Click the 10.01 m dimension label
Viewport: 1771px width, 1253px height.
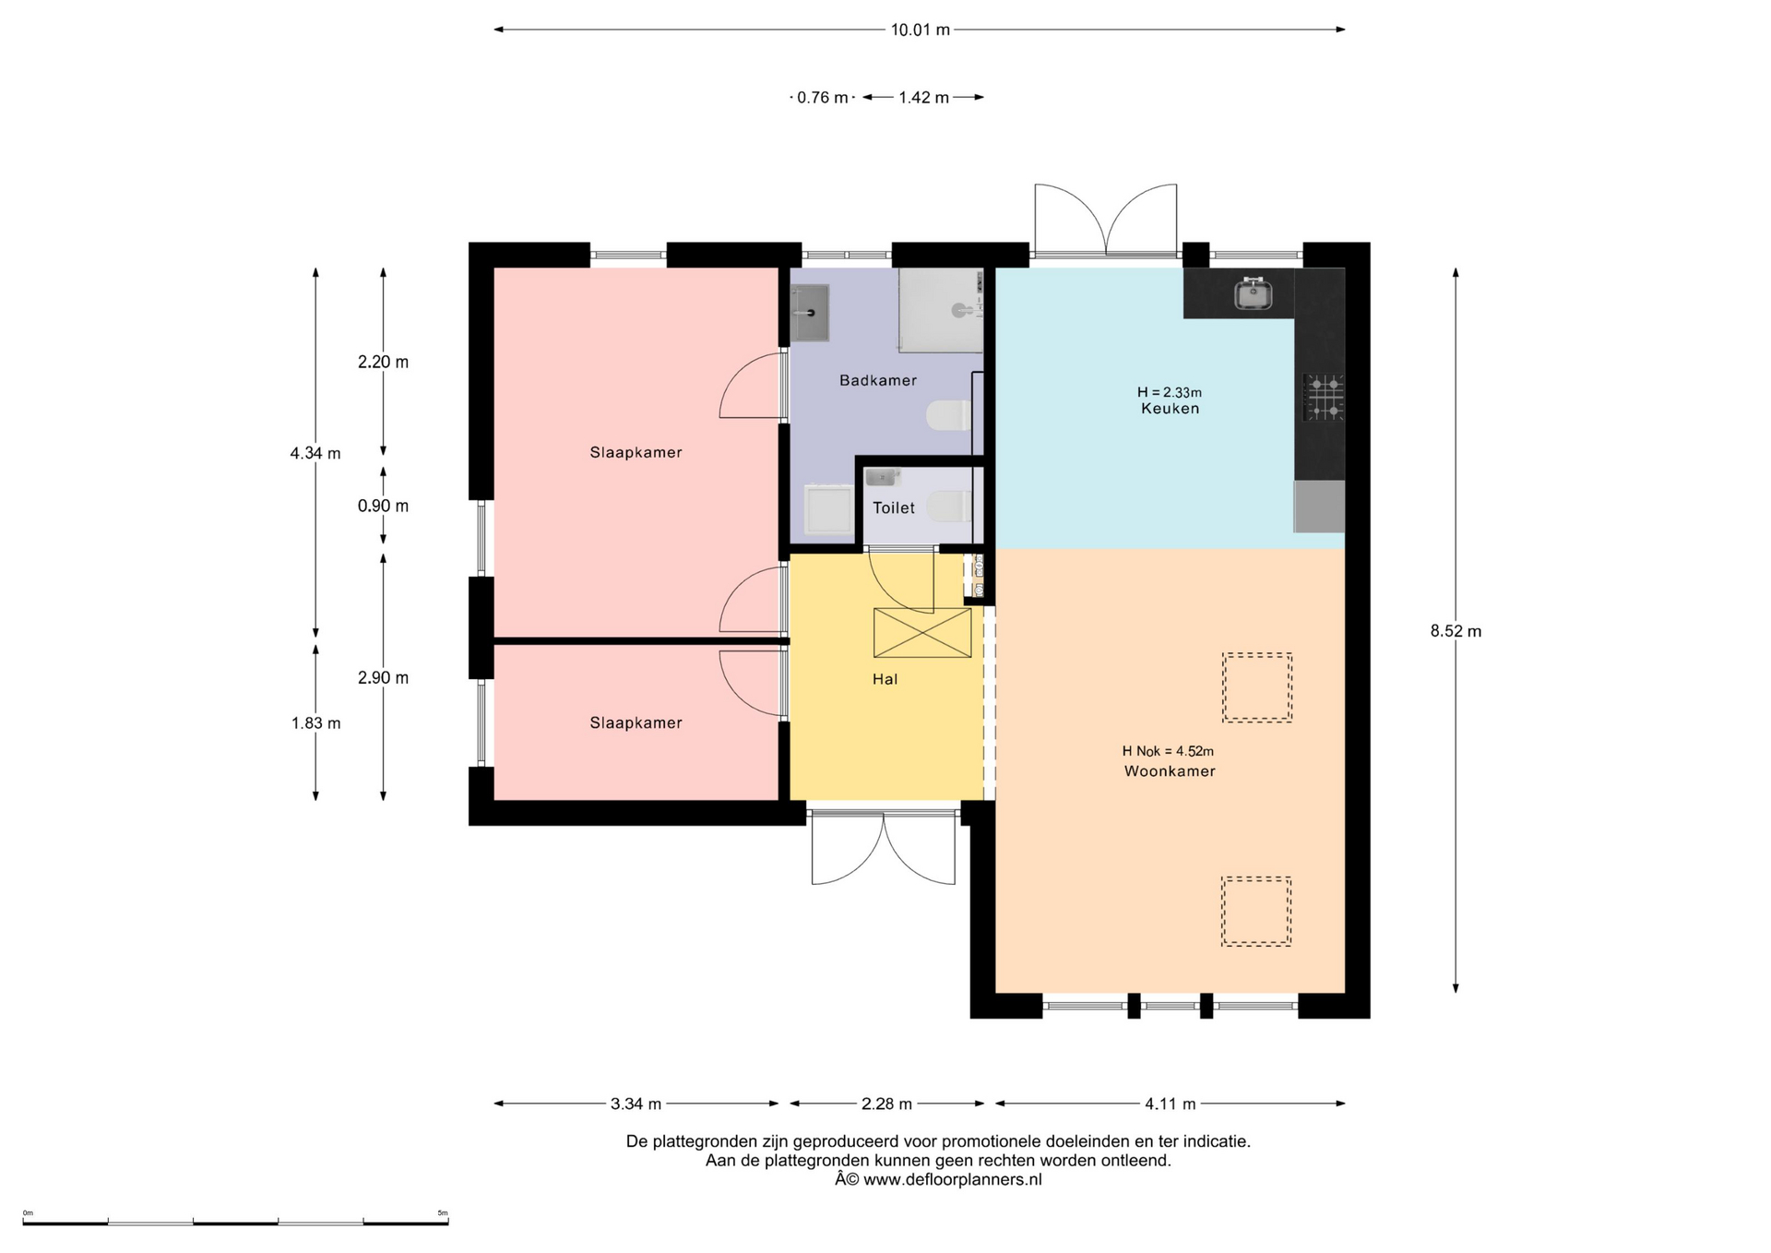(x=920, y=30)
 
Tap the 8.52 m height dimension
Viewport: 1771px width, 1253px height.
(x=1456, y=631)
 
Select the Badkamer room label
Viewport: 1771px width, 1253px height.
(x=878, y=380)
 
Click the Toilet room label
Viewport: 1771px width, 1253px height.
(x=894, y=507)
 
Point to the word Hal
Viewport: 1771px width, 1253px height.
(x=885, y=679)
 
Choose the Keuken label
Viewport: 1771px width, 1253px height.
(x=1170, y=409)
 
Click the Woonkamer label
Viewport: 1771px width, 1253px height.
(x=1170, y=771)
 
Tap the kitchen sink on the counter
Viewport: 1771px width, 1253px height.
(x=1253, y=293)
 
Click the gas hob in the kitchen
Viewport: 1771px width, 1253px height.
(x=1323, y=398)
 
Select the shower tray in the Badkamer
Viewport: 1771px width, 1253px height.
(x=941, y=311)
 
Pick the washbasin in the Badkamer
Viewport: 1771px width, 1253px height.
(x=810, y=313)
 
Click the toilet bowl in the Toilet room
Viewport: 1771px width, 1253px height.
(x=950, y=507)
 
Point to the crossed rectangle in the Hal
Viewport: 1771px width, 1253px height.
(x=922, y=633)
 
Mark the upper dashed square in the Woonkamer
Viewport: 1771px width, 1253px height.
(x=1257, y=687)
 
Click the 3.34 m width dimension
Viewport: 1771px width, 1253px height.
(x=636, y=1104)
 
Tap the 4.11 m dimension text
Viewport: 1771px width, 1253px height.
(x=1170, y=1104)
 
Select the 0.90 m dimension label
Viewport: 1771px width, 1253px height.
(x=383, y=506)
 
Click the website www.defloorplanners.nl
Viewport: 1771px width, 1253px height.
(x=953, y=1179)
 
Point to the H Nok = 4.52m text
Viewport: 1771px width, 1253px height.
(x=1168, y=751)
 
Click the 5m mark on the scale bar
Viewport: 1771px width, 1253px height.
(x=443, y=1212)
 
